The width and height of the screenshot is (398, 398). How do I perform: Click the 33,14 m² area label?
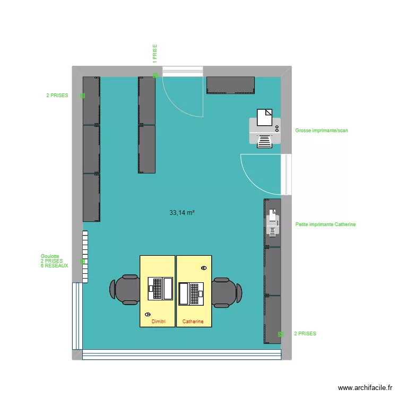(181, 213)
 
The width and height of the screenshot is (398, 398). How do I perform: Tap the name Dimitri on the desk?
(159, 322)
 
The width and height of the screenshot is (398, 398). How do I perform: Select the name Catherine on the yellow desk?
(193, 322)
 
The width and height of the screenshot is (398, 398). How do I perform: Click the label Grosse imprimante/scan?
(322, 131)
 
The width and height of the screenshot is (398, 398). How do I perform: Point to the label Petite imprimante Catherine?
(325, 224)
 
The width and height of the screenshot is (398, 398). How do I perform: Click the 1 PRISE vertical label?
(155, 54)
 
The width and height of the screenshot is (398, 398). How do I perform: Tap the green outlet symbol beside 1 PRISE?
(155, 75)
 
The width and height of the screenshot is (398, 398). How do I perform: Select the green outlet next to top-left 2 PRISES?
(82, 96)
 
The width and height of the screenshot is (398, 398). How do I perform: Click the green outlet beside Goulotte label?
(82, 261)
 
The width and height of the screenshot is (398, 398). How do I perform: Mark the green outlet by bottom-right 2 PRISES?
(281, 334)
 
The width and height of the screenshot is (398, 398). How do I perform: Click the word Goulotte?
(50, 256)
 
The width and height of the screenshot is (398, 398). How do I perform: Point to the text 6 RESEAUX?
(54, 266)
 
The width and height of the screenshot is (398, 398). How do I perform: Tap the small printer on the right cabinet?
(272, 222)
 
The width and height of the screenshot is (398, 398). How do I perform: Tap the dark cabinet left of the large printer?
(230, 85)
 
